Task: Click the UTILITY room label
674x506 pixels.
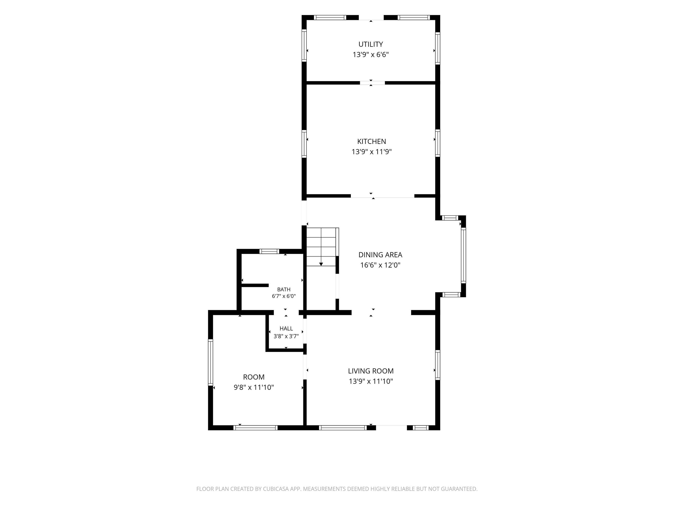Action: [371, 44]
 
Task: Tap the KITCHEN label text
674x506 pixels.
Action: [371, 141]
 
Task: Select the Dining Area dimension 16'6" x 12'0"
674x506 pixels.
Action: [380, 265]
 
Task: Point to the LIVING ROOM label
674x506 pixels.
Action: [371, 371]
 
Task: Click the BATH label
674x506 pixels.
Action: [284, 289]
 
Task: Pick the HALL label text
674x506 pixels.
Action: [286, 329]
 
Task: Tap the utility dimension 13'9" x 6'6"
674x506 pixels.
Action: [371, 55]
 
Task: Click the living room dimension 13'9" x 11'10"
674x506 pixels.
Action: [371, 381]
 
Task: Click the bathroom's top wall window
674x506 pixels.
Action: [269, 251]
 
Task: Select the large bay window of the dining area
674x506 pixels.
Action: [463, 256]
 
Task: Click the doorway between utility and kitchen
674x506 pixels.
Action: [372, 83]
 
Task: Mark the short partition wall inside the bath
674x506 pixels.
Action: [255, 286]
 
